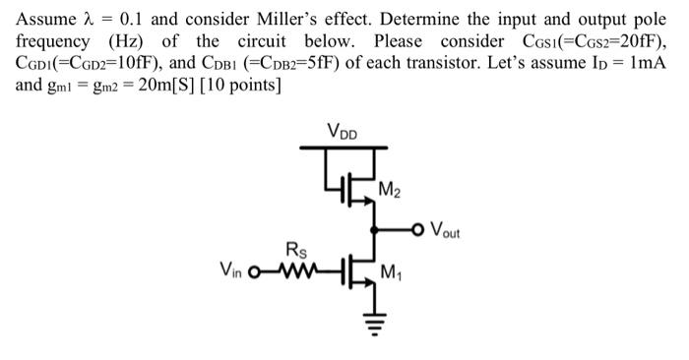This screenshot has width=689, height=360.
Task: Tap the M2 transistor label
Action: tap(391, 190)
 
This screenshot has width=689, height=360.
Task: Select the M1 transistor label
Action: tap(391, 272)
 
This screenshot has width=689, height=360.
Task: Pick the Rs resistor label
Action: tap(294, 249)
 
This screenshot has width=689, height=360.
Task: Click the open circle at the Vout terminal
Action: tap(419, 231)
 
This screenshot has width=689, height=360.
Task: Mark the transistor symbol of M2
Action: tap(357, 187)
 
